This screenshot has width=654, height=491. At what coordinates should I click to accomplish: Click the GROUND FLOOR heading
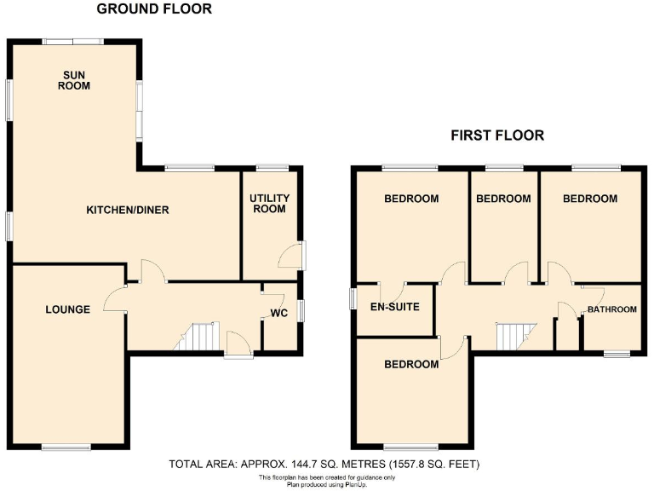point(154,9)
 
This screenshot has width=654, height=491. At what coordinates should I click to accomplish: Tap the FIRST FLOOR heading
point(497,136)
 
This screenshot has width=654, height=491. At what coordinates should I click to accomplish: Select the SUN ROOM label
point(74,80)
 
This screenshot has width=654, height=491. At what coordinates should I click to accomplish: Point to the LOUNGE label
point(68,309)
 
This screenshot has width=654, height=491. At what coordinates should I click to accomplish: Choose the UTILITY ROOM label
point(270,204)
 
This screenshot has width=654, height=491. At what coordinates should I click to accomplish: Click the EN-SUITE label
point(394,307)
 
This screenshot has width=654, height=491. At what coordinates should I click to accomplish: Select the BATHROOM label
point(611,309)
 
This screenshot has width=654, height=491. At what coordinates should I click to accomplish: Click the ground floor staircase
point(198,337)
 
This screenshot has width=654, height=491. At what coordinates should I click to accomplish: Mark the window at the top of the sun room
point(74,40)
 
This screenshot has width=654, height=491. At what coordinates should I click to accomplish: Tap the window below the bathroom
point(617,352)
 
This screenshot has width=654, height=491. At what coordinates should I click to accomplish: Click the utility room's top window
point(271,168)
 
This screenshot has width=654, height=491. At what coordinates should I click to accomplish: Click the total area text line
point(325,465)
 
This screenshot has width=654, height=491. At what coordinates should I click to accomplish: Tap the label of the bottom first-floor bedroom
point(411,364)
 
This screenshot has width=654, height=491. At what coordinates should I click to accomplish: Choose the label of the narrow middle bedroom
point(503,199)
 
